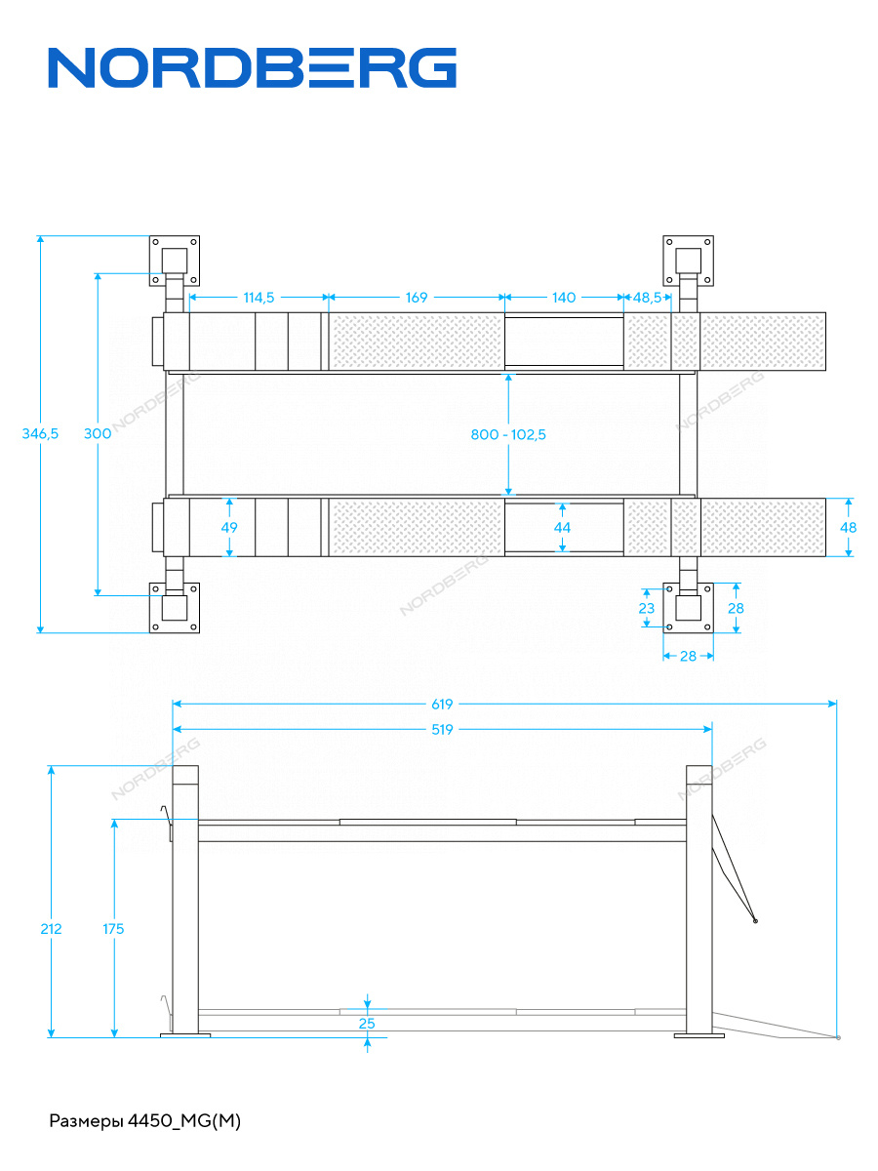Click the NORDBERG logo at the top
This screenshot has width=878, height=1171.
tap(253, 68)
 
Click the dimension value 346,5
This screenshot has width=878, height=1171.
tap(40, 434)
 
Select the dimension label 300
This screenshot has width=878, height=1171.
tap(98, 434)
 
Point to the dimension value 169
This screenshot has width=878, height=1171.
tap(417, 297)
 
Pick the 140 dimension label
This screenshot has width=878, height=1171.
tap(564, 297)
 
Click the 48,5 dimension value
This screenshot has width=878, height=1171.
tap(648, 297)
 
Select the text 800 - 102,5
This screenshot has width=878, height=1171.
tap(508, 434)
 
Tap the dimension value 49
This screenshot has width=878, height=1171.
tap(230, 527)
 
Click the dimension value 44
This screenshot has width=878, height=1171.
tap(562, 527)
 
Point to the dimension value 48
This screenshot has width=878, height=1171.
tap(848, 527)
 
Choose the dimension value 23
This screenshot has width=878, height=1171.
tap(646, 607)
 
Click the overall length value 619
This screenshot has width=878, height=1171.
tap(442, 703)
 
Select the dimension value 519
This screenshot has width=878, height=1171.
tap(442, 729)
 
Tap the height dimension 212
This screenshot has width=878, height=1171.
tap(51, 929)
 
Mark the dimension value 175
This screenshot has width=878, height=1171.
tap(113, 929)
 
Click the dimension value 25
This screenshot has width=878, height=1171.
tap(367, 1024)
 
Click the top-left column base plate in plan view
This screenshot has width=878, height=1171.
tap(174, 261)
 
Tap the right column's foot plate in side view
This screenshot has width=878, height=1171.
tap(698, 1035)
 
